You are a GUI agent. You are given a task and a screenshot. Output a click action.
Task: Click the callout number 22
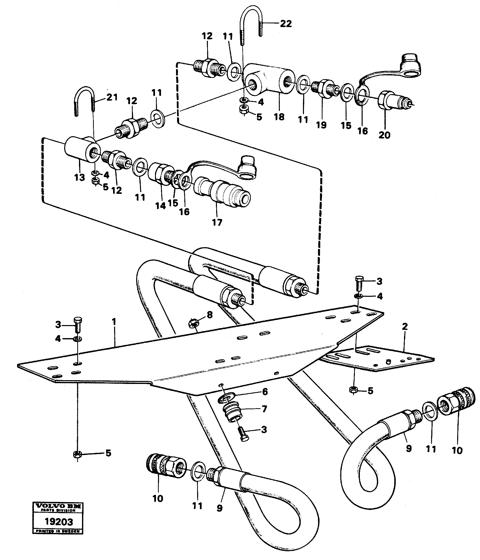pyautogui.click(x=286, y=24)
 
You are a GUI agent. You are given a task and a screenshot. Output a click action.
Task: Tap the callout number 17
pyautogui.click(x=217, y=222)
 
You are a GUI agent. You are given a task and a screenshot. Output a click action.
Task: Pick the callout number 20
pyautogui.click(x=384, y=134)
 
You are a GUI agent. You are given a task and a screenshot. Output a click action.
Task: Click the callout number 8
pyautogui.click(x=209, y=315)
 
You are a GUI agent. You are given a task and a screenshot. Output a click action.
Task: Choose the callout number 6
pyautogui.click(x=265, y=392)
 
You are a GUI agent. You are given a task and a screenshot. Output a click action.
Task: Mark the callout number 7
pyautogui.click(x=264, y=409)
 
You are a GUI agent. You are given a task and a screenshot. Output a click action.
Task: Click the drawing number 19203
pyautogui.click(x=59, y=521)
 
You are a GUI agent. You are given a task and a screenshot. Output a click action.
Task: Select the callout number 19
pyautogui.click(x=321, y=125)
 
